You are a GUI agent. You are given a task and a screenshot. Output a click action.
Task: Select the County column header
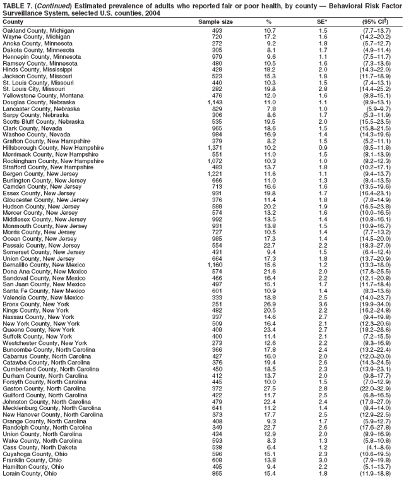click(13, 21)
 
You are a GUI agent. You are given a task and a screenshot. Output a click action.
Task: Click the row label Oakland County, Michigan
click(38, 30)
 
